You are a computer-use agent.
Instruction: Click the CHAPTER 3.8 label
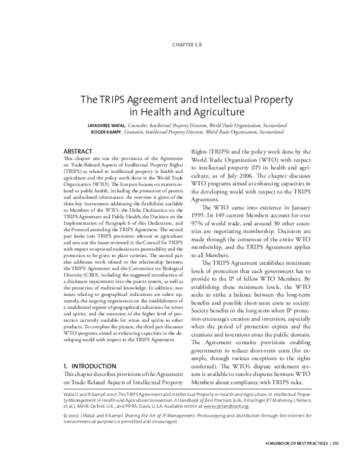coord(179,44)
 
